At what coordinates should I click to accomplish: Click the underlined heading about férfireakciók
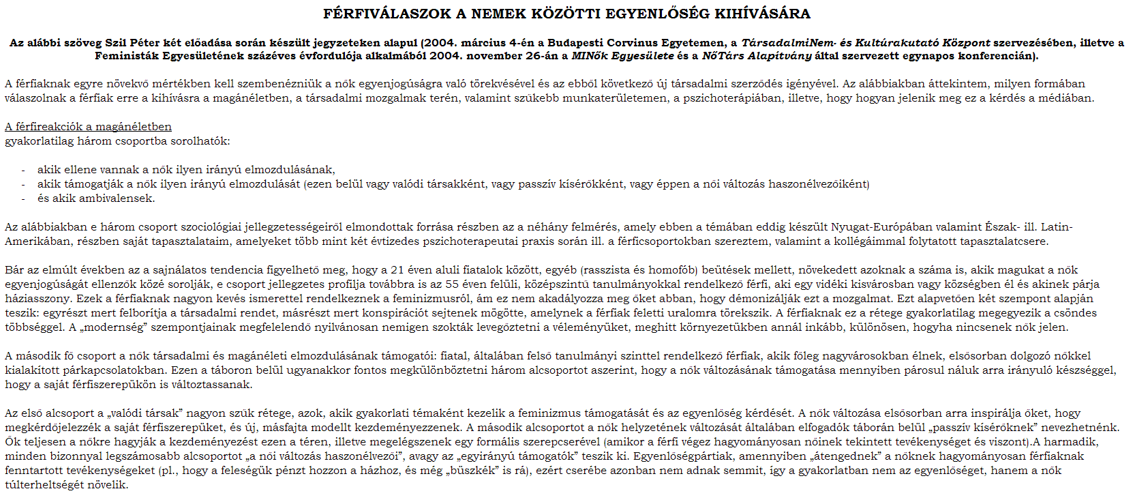[88, 127]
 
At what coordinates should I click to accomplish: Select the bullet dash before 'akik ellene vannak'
[23, 170]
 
